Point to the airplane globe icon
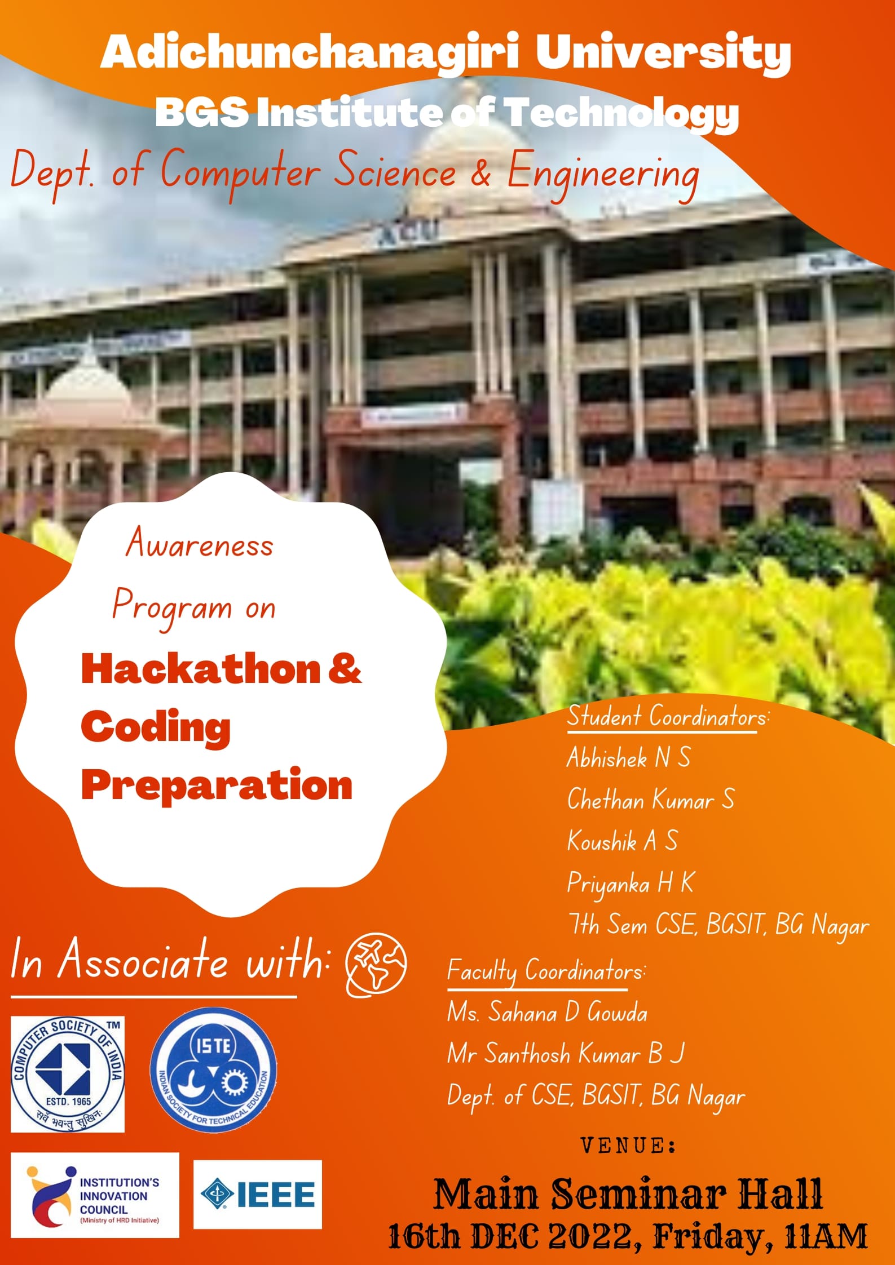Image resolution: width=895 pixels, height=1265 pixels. (376, 967)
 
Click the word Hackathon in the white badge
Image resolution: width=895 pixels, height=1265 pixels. (201, 669)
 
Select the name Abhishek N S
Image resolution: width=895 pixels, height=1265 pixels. (628, 757)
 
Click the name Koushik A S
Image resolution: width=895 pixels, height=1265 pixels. (622, 841)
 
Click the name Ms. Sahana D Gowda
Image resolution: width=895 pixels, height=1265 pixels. (547, 1013)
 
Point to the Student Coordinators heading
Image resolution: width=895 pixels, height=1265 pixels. (668, 717)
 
